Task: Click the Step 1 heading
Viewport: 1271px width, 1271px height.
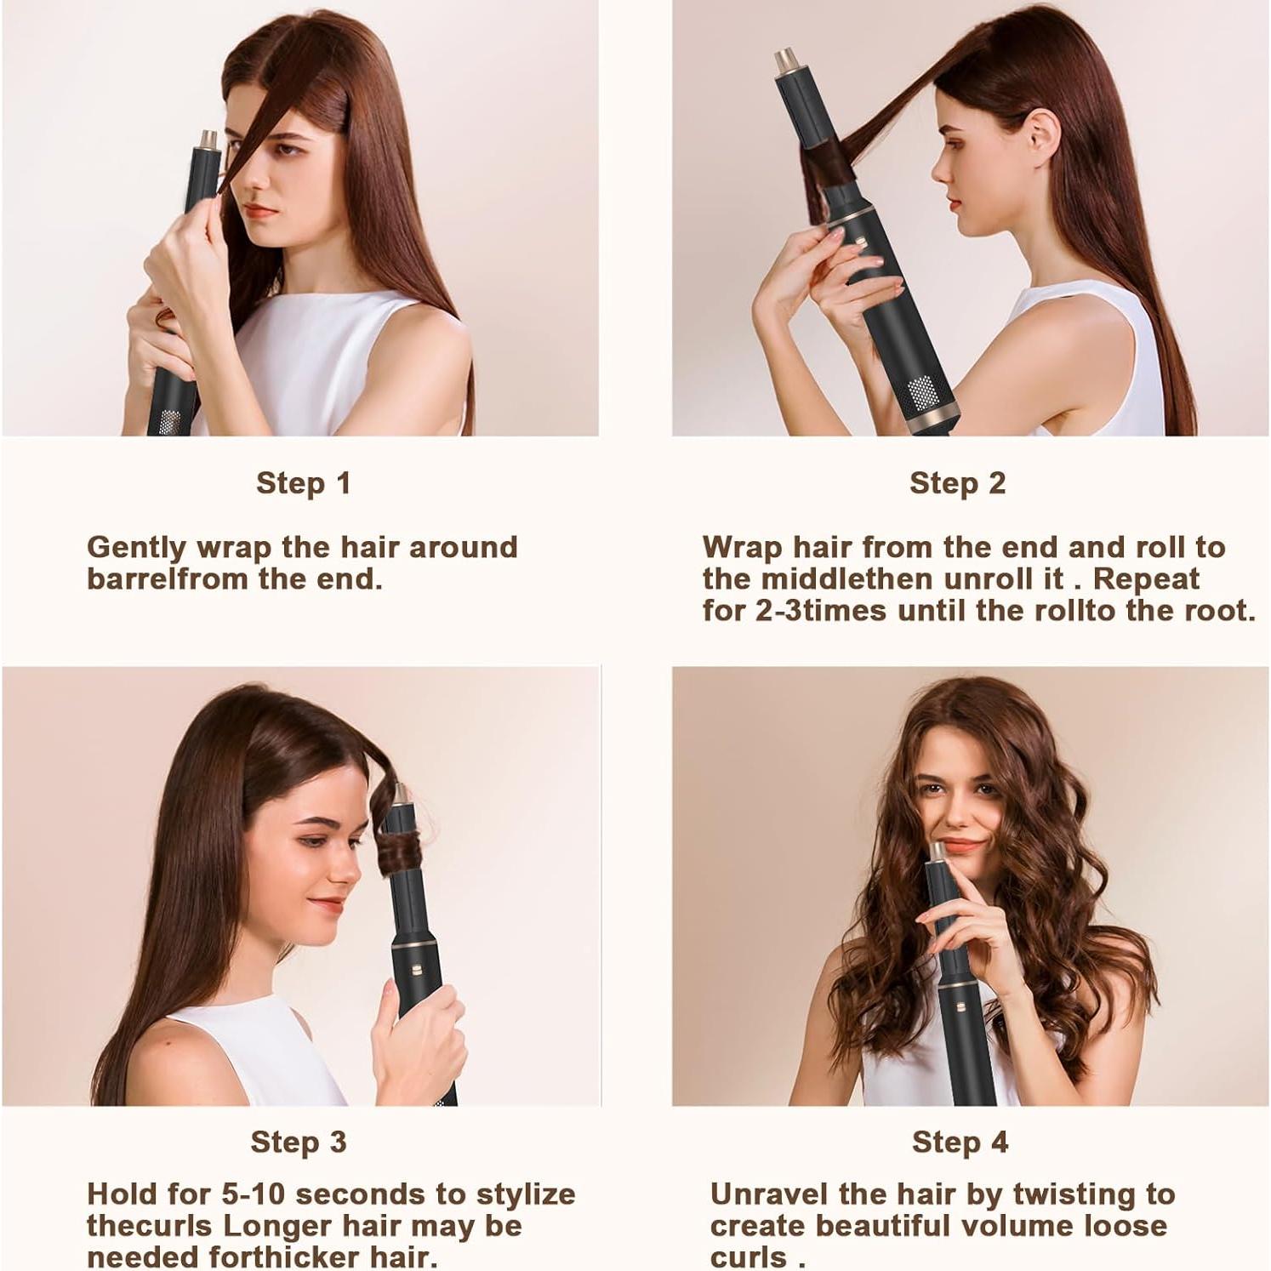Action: point(303,483)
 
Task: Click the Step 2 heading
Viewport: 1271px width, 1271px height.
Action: point(957,483)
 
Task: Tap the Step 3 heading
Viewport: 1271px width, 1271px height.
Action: point(298,1142)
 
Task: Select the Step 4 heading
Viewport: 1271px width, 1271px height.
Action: point(960,1142)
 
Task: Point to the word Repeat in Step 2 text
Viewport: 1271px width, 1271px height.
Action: point(1146,579)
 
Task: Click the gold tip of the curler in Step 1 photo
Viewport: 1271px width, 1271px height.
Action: point(207,139)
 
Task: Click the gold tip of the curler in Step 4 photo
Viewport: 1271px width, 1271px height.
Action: point(937,851)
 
